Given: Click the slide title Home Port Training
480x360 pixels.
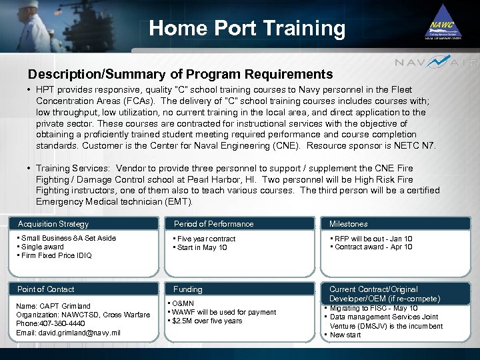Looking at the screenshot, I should click(247, 28).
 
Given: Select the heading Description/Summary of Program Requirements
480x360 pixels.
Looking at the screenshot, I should click(180, 74).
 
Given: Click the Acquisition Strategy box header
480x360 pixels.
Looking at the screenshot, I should click(53, 224).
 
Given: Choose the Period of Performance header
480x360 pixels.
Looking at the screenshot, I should click(213, 224).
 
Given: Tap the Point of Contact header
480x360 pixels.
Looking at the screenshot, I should click(46, 289).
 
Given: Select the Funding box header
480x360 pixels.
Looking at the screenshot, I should click(188, 289).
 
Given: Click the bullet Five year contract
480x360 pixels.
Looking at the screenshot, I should click(205, 239).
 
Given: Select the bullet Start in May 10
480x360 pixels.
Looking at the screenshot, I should click(202, 247).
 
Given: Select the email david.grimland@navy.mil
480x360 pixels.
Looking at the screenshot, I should click(69, 332).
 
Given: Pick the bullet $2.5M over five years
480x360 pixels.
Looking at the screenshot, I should click(207, 321).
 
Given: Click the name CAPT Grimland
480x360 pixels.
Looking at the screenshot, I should click(54, 306).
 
